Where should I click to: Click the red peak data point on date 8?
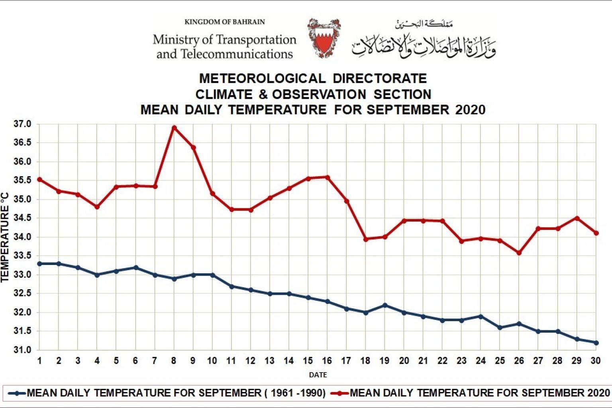(174, 128)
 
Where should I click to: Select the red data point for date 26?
(519, 253)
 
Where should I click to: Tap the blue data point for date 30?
(596, 343)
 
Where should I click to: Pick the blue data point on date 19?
(384, 305)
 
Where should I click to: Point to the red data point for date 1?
(39, 180)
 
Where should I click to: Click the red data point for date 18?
(365, 239)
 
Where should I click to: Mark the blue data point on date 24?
(481, 317)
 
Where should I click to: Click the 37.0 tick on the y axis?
(22, 124)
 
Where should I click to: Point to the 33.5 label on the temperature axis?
(22, 256)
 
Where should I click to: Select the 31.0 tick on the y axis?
(22, 350)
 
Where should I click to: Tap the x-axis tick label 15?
(308, 361)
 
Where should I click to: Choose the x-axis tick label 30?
(595, 361)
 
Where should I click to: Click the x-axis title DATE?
(318, 375)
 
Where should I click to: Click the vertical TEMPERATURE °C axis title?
(5, 237)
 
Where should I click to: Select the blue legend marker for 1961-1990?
(17, 393)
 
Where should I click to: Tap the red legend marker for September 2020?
(340, 393)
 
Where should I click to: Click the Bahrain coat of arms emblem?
(324, 38)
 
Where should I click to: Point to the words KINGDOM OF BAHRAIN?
(224, 22)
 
